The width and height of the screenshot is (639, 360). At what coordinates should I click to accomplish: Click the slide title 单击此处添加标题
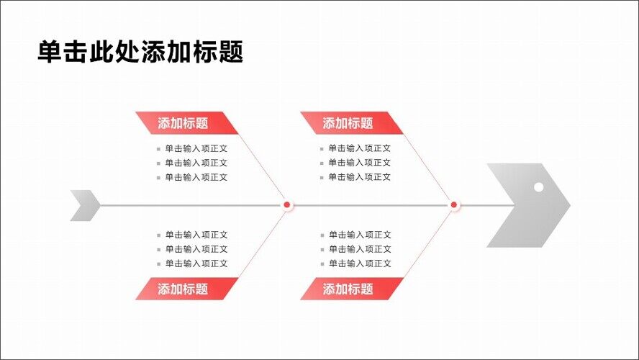click(x=140, y=52)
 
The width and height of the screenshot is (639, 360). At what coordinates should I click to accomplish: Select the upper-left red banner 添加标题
click(x=183, y=123)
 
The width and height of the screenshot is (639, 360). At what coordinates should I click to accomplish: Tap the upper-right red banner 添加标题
click(x=348, y=123)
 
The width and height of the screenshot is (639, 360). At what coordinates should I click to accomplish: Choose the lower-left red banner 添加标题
click(x=183, y=289)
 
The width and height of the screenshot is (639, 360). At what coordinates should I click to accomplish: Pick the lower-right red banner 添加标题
click(x=348, y=289)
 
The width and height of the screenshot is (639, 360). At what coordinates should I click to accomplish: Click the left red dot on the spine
click(x=286, y=205)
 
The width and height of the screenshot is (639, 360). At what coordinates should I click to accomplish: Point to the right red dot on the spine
click(x=454, y=205)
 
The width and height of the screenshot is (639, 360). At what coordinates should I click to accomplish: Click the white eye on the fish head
click(x=538, y=187)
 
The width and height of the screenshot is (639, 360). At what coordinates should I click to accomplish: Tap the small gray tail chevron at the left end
click(x=85, y=205)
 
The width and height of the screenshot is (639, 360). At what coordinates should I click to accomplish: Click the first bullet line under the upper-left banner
click(x=196, y=148)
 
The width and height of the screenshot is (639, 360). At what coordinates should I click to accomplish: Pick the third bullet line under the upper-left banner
click(x=196, y=177)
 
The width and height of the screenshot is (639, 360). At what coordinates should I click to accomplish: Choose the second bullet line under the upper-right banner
click(x=360, y=163)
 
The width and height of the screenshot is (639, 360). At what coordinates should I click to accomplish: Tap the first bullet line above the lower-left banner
click(x=196, y=235)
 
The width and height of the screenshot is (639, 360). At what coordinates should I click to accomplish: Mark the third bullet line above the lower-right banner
click(x=360, y=264)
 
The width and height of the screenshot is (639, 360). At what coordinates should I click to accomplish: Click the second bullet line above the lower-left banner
click(x=196, y=249)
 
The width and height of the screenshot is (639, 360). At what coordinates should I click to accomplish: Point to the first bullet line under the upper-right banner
click(x=360, y=148)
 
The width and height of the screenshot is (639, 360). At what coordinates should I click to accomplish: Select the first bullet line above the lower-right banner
click(x=360, y=235)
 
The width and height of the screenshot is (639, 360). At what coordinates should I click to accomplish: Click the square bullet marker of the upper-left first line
click(x=158, y=149)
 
